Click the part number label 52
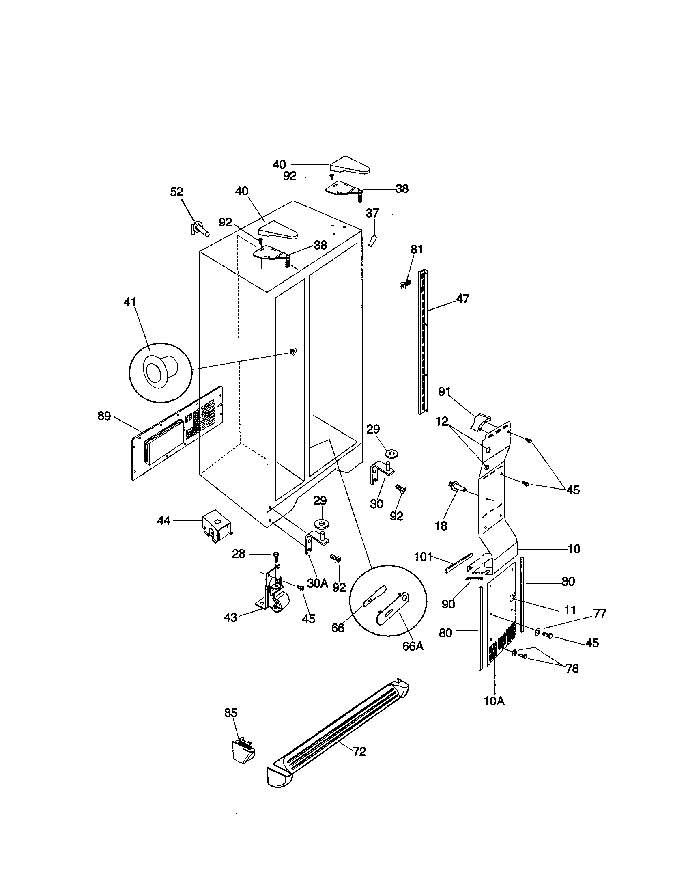pos(176,192)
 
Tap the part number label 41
pos(130,302)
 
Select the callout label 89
pos(104,416)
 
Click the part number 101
pos(423,557)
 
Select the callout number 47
pos(462,298)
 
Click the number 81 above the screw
pos(416,249)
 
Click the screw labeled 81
pos(405,284)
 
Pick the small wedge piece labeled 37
pos(372,240)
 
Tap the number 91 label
pos(444,391)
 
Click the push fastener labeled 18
pos(458,487)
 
